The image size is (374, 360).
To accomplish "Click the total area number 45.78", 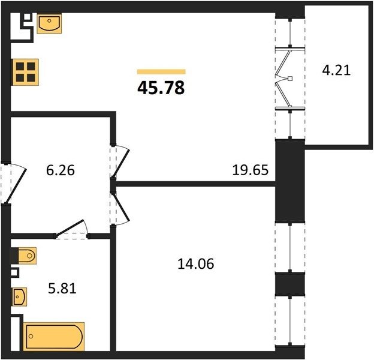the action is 161,88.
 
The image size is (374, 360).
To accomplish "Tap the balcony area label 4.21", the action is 336,71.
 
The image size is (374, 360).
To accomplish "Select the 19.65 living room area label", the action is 250,170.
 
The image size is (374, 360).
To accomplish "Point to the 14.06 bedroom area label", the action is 196,264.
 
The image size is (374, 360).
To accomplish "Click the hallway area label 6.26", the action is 61,170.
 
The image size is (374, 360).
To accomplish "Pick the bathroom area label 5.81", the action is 62,289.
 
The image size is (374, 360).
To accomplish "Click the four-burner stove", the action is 26,72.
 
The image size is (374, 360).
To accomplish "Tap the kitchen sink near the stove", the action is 49,23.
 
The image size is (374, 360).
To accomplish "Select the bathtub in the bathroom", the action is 54,337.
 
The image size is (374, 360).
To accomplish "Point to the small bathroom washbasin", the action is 20,297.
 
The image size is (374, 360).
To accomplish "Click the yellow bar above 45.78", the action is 161,71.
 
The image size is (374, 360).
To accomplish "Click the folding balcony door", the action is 284,79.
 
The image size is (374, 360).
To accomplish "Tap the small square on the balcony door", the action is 290,79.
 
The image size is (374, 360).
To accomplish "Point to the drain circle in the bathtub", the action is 31,337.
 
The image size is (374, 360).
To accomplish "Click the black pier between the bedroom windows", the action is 290,284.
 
